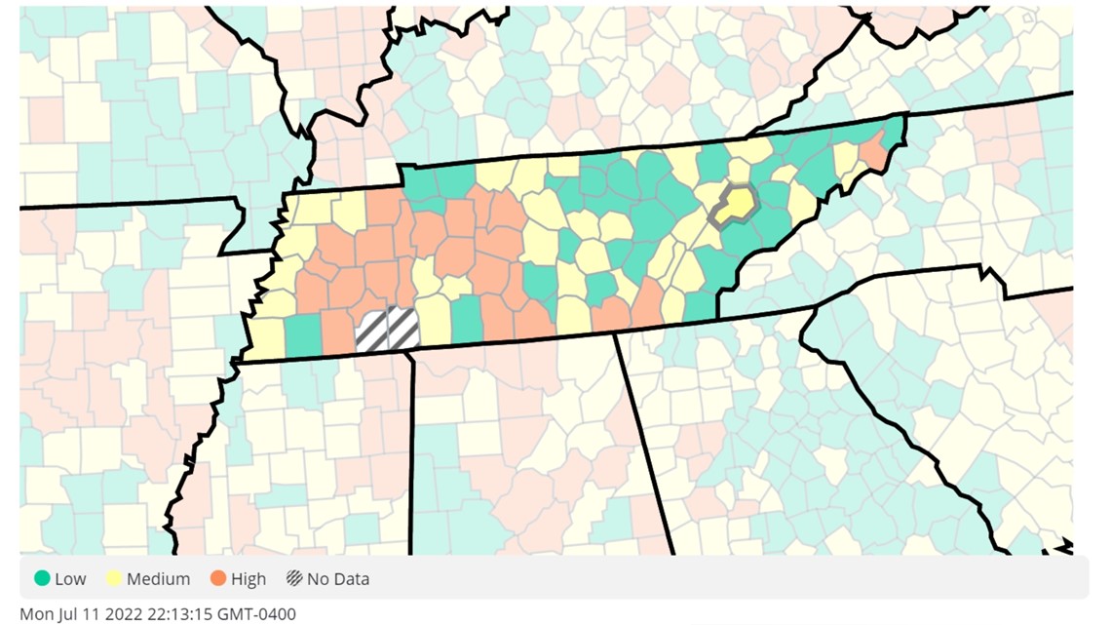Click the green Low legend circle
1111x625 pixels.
(x=41, y=579)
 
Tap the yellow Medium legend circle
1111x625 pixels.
(x=113, y=579)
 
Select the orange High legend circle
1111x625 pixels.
(x=217, y=579)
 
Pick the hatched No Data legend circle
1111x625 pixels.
(x=293, y=579)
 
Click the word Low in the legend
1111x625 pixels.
(x=70, y=579)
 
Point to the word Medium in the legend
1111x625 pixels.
(x=159, y=579)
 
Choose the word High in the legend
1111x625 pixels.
(x=249, y=579)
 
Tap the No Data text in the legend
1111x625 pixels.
(x=338, y=579)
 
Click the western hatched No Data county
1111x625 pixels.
(x=372, y=331)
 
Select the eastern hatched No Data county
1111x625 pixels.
(x=402, y=328)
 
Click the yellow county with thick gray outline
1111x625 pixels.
(x=737, y=204)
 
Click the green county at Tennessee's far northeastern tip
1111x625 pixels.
(x=892, y=128)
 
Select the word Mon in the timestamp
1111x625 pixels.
(x=35, y=614)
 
